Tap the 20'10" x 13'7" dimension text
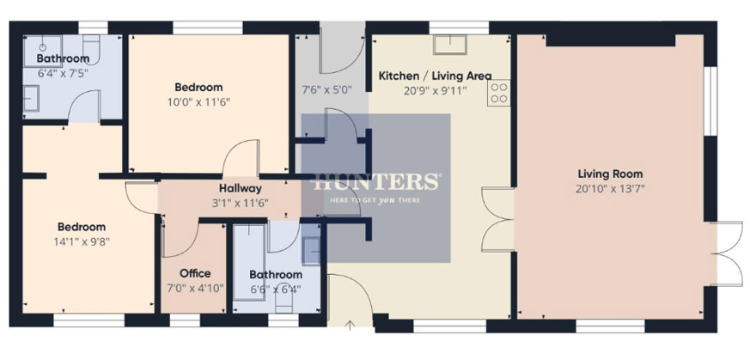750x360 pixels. point(610,189)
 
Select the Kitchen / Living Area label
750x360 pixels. point(435,76)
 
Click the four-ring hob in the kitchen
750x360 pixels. point(499,93)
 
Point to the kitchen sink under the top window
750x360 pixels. point(449,45)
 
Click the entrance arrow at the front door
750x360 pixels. point(350,326)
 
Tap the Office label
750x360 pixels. point(195,273)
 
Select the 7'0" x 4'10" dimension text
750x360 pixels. point(195,289)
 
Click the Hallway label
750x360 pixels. point(240,188)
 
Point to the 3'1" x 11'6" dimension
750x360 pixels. point(240,203)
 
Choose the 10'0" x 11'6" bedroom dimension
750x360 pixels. point(198,102)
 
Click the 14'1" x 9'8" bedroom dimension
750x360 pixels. point(82,241)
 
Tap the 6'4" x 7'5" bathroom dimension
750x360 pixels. point(63,74)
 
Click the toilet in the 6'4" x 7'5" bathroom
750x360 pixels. point(91,49)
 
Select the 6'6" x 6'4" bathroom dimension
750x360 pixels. point(276,290)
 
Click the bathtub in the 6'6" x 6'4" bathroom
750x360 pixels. point(249,262)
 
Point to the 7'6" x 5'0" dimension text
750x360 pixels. point(326,88)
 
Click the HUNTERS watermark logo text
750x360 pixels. point(375,181)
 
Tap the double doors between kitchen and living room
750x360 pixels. point(497,219)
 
